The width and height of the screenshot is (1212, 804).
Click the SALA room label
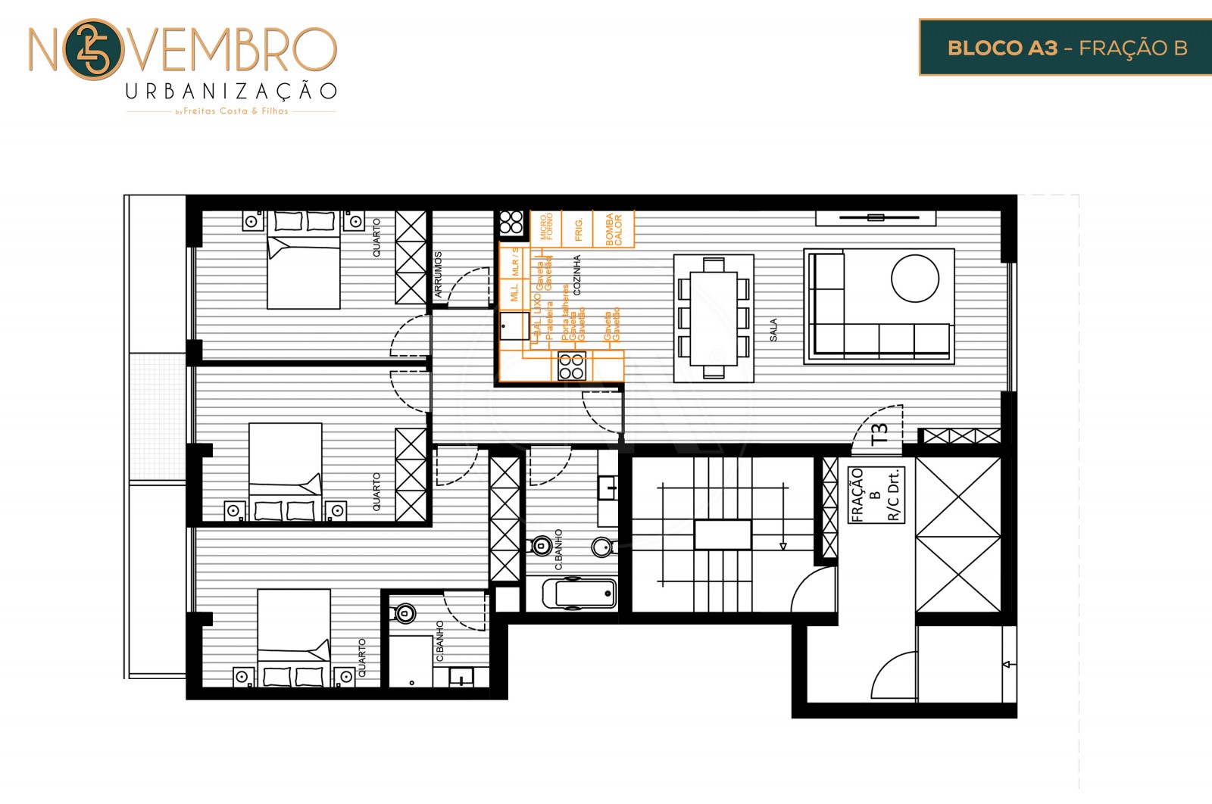773,329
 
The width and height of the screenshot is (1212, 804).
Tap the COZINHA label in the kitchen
577,275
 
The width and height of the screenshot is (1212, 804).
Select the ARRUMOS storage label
438,274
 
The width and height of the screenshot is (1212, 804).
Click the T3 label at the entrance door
879,433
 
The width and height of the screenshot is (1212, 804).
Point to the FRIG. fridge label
579,229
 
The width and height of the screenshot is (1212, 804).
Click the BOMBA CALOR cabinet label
614,229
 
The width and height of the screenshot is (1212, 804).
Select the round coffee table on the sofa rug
915,279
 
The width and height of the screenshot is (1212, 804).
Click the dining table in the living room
714,316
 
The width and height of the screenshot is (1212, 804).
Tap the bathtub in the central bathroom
580,594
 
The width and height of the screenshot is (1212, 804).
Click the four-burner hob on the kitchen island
572,366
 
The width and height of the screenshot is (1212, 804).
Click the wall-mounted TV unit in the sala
876,218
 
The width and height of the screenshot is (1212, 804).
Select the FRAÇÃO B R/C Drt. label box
876,495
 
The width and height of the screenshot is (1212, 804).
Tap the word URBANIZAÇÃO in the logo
231,92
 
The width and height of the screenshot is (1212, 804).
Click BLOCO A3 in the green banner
1001,48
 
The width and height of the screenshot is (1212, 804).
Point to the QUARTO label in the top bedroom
376,237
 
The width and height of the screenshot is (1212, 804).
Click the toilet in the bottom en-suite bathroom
405,613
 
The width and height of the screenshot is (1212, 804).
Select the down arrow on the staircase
782,545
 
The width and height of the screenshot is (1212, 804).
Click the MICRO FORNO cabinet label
546,227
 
